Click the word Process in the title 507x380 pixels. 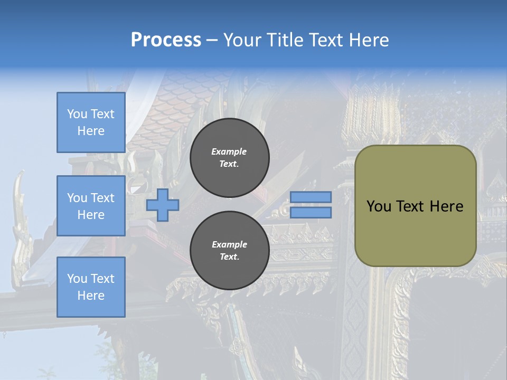166,40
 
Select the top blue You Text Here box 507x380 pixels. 91,122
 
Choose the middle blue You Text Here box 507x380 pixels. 91,206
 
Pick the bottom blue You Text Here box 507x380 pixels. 91,287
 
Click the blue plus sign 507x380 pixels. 163,205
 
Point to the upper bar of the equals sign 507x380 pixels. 311,197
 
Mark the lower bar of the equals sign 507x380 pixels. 311,213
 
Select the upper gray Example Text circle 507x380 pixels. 230,158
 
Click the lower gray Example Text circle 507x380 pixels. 230,250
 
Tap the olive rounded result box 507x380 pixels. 416,206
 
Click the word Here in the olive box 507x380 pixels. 447,206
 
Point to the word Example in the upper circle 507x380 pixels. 229,151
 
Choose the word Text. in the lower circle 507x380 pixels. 230,256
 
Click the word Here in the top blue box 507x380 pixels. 91,131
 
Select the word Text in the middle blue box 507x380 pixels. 102,198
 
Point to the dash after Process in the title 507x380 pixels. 212,41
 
